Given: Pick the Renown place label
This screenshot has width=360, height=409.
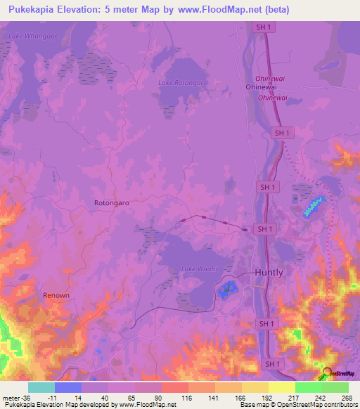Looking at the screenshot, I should coord(56,295).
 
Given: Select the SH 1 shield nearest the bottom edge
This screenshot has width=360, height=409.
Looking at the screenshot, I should coord(271,363).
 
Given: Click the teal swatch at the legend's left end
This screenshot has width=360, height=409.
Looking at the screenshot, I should coord(41,387).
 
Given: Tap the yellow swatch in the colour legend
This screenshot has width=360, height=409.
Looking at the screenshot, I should coord(255,387).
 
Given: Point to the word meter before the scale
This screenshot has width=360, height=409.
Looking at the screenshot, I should coord(12,397).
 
